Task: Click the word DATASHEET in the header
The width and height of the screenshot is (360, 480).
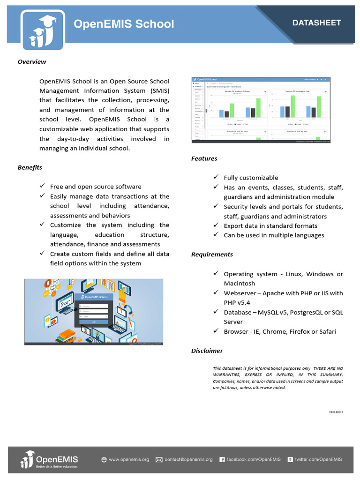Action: coord(316,23)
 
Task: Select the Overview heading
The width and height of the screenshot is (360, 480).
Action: coord(32,61)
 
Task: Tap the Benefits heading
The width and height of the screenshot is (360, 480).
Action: coord(30,167)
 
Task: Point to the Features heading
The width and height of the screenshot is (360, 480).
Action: coord(204,158)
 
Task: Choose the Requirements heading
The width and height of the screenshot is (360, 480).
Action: coord(212,255)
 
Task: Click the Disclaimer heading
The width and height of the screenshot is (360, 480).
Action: coord(207,351)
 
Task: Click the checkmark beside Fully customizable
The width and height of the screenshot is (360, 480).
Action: coord(216,177)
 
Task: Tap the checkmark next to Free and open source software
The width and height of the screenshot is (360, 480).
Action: coord(42,187)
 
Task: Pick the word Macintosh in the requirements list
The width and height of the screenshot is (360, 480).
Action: coord(239,284)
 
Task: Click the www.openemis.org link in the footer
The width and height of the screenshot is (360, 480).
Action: coord(129,460)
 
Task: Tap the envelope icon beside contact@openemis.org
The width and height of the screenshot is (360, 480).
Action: coord(159,460)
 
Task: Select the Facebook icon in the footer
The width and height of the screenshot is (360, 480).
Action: coord(222,460)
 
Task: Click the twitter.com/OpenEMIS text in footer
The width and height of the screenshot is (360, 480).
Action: coord(318,460)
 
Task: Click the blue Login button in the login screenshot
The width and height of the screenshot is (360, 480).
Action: coord(94,322)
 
